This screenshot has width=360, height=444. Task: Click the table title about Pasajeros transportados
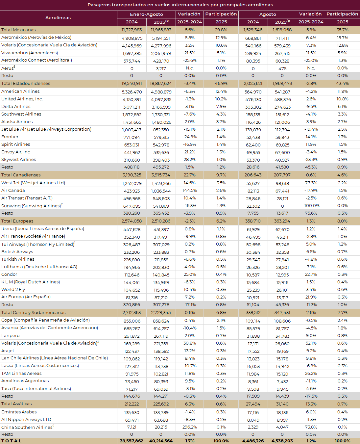click(180, 5)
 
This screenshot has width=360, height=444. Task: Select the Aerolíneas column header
click(58, 18)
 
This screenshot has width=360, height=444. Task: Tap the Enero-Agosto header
click(146, 14)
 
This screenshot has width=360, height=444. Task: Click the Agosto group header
click(268, 14)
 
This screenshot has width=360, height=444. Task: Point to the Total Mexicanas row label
click(18, 30)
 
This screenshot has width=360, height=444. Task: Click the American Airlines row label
click(20, 91)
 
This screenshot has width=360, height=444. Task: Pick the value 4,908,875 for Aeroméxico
click(132, 38)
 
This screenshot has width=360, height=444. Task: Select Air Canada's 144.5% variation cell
click(189, 191)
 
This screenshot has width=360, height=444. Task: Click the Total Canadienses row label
click(21, 175)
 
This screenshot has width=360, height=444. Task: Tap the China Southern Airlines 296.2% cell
click(189, 427)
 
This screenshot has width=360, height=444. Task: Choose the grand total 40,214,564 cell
click(161, 441)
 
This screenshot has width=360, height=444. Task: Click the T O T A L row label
click(12, 441)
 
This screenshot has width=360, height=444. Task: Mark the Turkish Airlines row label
click(18, 259)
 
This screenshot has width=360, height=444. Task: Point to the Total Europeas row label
click(17, 221)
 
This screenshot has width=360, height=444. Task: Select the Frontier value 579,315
click(161, 137)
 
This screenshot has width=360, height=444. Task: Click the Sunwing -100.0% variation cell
click(311, 206)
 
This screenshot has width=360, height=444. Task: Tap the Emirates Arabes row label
click(19, 412)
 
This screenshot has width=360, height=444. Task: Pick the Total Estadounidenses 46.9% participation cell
click(221, 84)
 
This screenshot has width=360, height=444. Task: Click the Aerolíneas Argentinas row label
click(25, 380)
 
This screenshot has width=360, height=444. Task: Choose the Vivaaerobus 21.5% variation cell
click(189, 53)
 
